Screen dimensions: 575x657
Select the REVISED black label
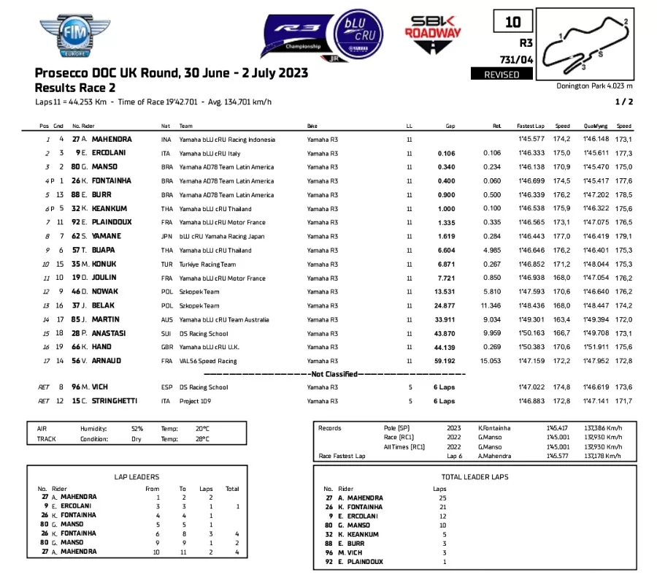(x=502, y=75)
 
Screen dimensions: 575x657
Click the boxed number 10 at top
(x=512, y=23)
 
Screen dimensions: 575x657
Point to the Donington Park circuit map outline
(x=592, y=46)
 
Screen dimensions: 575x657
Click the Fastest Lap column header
(x=530, y=126)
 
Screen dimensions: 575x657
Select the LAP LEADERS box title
(x=137, y=476)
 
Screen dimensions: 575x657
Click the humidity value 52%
(x=137, y=429)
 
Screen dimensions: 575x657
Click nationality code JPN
(x=166, y=236)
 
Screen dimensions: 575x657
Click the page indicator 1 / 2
(x=624, y=102)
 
